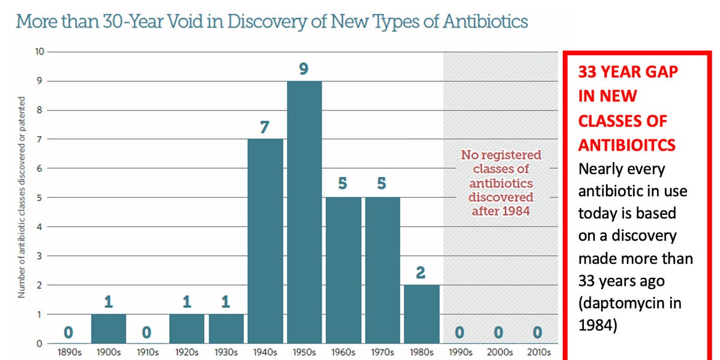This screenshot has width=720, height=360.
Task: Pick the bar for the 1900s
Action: (x=109, y=328)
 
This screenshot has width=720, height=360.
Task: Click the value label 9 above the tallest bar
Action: (x=304, y=69)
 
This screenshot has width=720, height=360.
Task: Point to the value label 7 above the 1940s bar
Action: (x=265, y=127)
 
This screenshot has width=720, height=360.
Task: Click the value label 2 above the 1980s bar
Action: (x=421, y=273)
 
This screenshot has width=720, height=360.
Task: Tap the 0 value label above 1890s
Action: (x=70, y=331)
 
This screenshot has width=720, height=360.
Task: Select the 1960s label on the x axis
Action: (x=343, y=353)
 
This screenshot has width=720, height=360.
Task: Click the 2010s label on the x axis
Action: (x=538, y=353)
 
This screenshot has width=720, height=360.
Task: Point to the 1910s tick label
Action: (x=148, y=353)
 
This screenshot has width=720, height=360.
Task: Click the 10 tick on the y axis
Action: (x=40, y=52)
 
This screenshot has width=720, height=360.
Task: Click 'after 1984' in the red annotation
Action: (x=501, y=211)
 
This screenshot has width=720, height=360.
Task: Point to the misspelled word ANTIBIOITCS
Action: (x=627, y=145)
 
